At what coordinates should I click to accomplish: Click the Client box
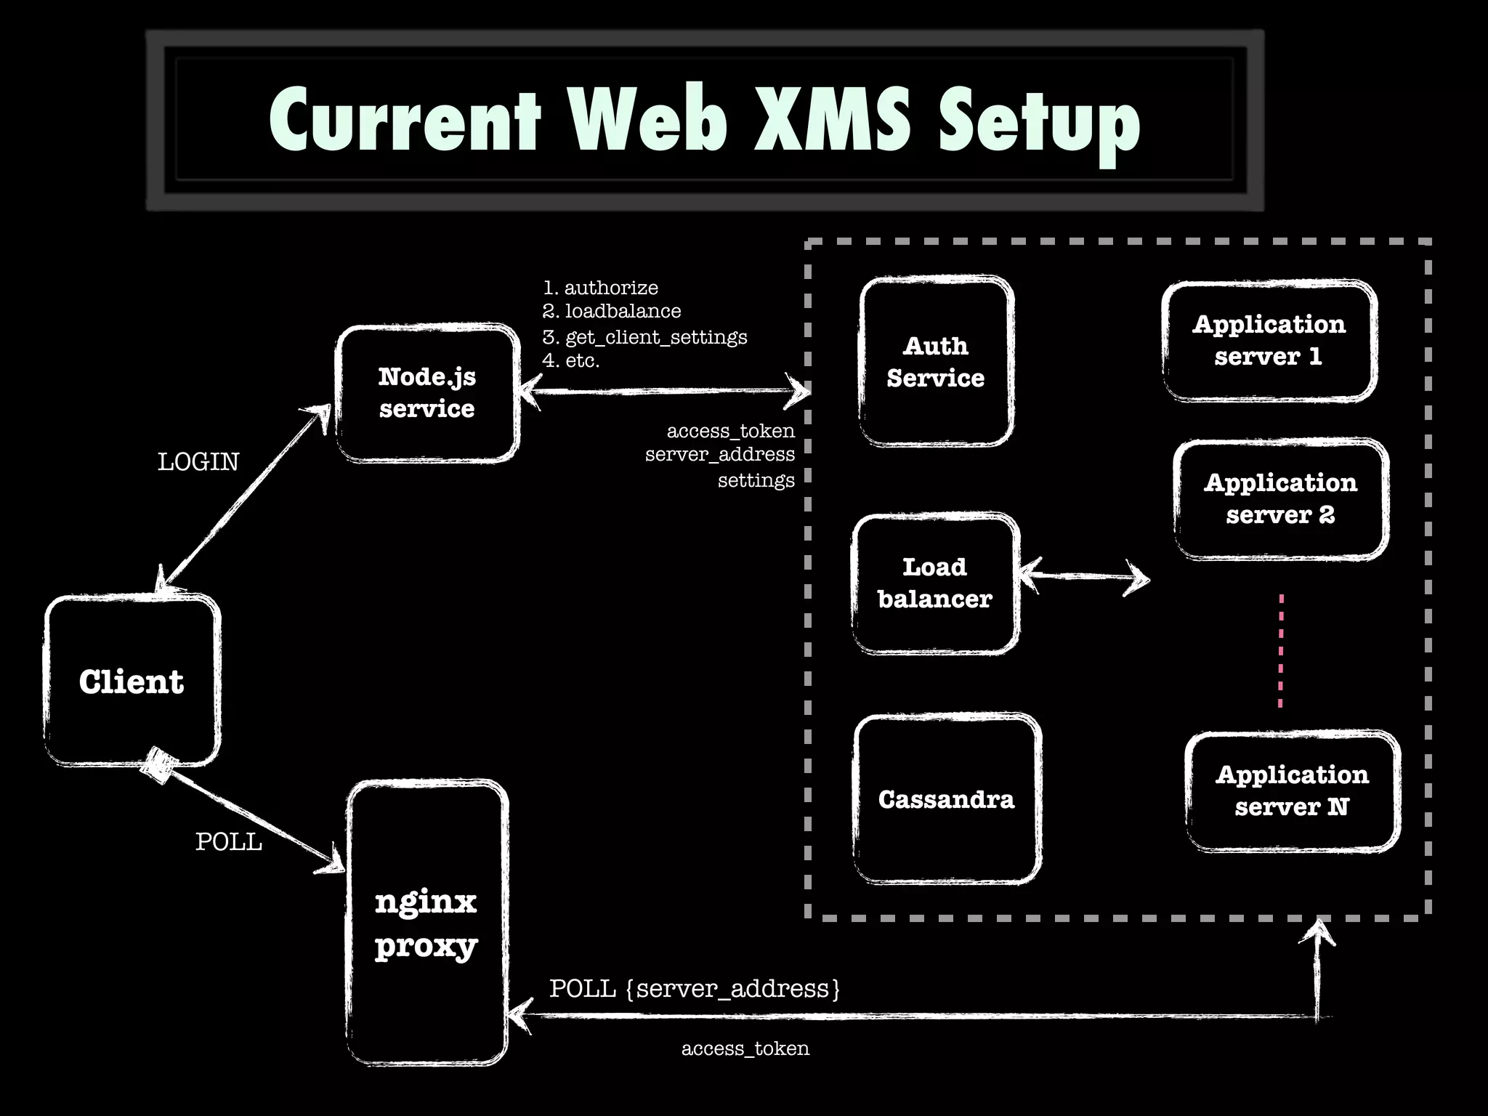coord(132,682)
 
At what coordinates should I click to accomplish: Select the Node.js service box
coord(427,393)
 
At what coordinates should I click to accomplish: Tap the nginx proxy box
coord(426,923)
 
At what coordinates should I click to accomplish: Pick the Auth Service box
coord(936,362)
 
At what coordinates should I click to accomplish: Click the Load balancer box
coord(935,583)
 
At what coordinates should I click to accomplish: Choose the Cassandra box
coord(947,799)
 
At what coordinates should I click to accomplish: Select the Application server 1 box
coord(1269,340)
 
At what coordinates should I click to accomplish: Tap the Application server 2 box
coord(1281,499)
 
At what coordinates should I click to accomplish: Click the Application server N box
coord(1292,790)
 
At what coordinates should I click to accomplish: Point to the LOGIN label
coord(198,462)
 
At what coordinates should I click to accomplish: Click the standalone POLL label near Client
coord(229,842)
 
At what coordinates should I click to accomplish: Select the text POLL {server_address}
coord(695,989)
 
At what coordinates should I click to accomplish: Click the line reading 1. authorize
coord(601,288)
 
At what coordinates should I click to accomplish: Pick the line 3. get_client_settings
coord(645,337)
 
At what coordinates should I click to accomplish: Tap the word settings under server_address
coord(756,480)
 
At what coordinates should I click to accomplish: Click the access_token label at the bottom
coord(745,1048)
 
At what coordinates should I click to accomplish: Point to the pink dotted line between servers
coord(1281,650)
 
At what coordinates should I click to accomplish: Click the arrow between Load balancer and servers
coord(1084,577)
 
